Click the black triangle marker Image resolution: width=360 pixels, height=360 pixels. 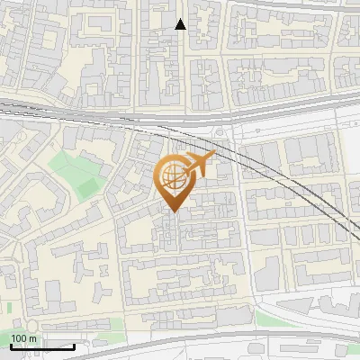click(181, 24)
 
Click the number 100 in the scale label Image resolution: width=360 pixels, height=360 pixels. click(19, 338)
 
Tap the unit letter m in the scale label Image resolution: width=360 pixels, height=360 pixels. click(33, 338)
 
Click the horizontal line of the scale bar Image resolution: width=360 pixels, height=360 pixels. click(40, 346)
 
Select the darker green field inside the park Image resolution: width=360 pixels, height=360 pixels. click(87, 185)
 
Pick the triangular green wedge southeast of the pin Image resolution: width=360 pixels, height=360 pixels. click(269, 318)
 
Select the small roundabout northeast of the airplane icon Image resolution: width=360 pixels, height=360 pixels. click(219, 134)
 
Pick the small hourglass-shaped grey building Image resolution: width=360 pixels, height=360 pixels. click(166, 236)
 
